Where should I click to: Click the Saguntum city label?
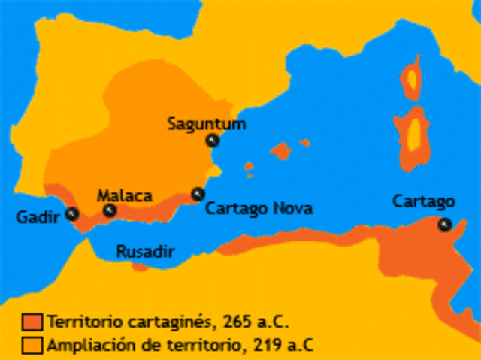pyautogui.click(x=207, y=123)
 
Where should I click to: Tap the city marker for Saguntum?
pyautogui.click(x=213, y=141)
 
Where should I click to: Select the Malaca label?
pyautogui.click(x=125, y=195)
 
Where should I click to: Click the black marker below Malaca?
pyautogui.click(x=110, y=210)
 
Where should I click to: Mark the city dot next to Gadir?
pyautogui.click(x=72, y=213)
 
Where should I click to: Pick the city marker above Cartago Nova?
pyautogui.click(x=198, y=194)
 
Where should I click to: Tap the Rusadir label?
pyautogui.click(x=144, y=252)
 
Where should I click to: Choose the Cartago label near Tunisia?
pyautogui.click(x=424, y=201)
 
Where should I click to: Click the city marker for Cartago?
pyautogui.click(x=445, y=224)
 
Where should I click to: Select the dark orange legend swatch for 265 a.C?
pyautogui.click(x=32, y=322)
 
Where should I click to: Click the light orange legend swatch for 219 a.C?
pyautogui.click(x=32, y=345)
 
